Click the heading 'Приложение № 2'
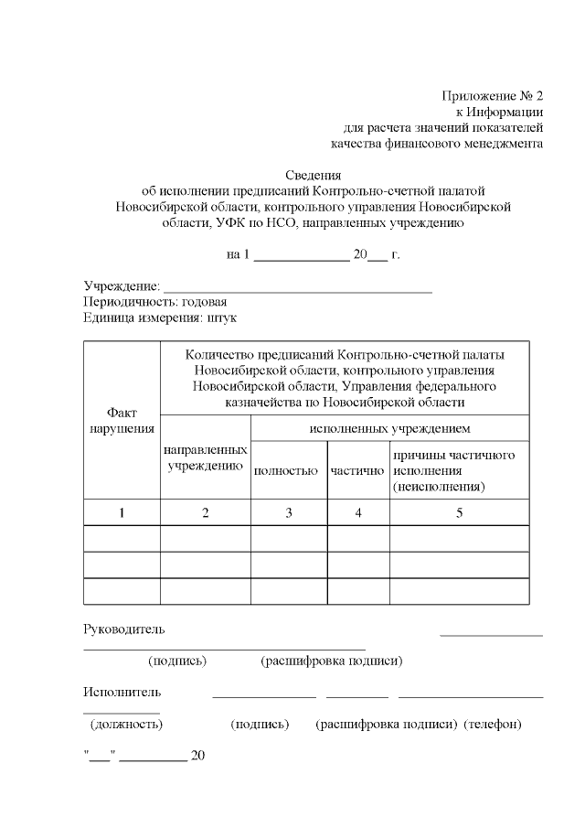(492, 95)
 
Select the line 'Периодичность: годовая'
(154, 302)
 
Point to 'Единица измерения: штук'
(159, 317)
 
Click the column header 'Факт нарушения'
(122, 420)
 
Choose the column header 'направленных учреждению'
(206, 457)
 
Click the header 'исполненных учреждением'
(390, 427)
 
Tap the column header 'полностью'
(289, 471)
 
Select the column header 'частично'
(358, 471)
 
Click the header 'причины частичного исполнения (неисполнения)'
(454, 470)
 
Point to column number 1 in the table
(122, 513)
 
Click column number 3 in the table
(289, 513)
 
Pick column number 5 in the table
(460, 513)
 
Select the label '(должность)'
(126, 724)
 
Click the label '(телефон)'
(493, 724)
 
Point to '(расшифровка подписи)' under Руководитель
(332, 661)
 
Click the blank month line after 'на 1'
(301, 255)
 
